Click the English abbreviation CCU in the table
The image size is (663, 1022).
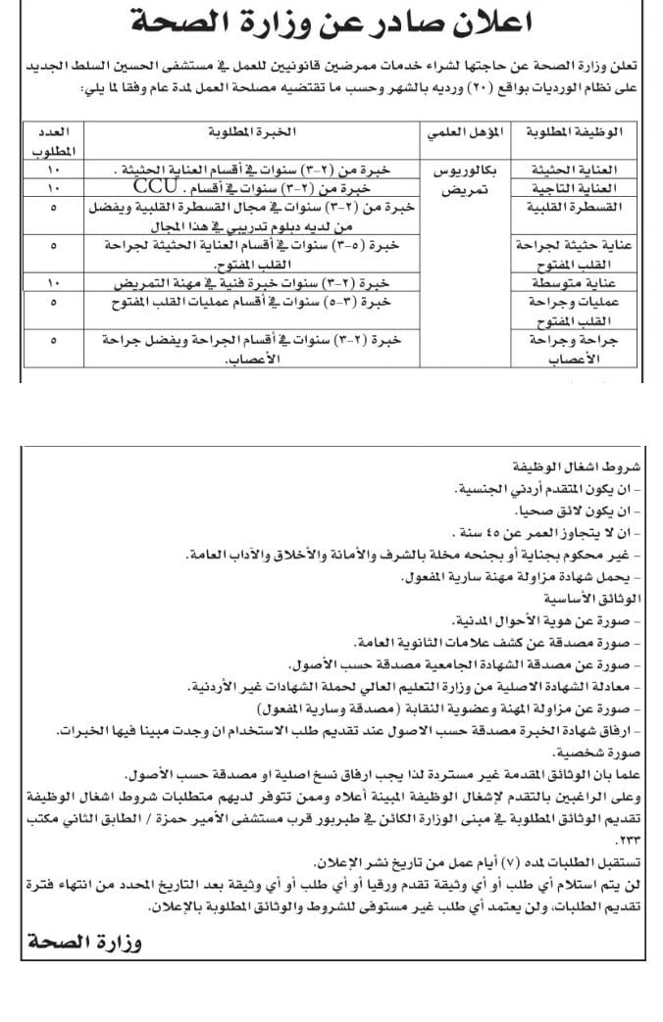pyautogui.click(x=155, y=184)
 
